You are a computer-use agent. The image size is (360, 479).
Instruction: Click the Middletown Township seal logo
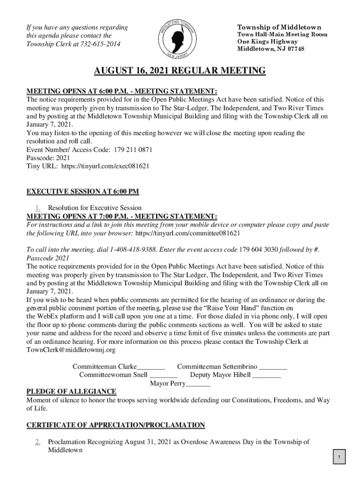180,36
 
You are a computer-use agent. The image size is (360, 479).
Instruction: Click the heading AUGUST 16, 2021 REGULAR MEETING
180,71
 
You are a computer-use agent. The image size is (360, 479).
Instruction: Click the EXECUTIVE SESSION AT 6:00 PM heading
83,191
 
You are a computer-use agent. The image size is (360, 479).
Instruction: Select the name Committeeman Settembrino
217,366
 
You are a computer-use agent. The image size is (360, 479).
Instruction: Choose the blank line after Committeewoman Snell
164,375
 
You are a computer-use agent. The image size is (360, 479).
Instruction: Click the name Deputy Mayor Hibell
221,375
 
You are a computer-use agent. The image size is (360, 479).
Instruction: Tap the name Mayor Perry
167,383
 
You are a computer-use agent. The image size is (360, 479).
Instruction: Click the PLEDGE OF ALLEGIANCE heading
72,392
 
